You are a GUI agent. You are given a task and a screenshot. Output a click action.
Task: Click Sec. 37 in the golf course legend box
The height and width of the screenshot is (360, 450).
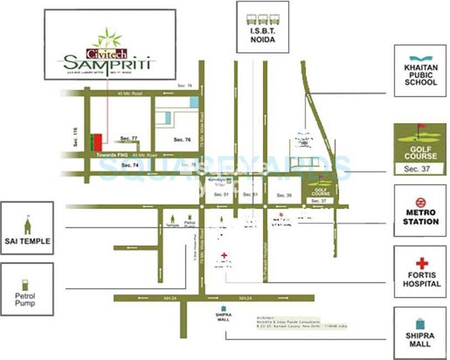(420, 169)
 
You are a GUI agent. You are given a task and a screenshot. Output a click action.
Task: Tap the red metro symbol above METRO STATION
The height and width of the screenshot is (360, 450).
(420, 202)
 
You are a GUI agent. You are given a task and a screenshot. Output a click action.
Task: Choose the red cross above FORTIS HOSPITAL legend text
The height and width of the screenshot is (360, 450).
(422, 263)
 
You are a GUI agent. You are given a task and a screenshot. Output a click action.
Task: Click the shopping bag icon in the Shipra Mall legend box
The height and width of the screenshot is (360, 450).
(420, 324)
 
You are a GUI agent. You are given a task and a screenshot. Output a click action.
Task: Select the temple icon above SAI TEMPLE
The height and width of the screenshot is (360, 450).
(27, 226)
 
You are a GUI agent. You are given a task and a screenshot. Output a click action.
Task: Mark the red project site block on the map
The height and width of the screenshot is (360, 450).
(97, 142)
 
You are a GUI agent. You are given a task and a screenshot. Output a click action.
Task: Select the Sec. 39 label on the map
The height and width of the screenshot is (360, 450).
(285, 195)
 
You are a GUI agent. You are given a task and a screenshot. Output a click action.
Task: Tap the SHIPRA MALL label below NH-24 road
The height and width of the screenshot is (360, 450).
(224, 317)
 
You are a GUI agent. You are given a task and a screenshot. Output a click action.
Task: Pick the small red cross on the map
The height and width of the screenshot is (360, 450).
(224, 255)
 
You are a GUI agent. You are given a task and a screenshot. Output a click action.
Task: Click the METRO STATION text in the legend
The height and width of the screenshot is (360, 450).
(420, 217)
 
